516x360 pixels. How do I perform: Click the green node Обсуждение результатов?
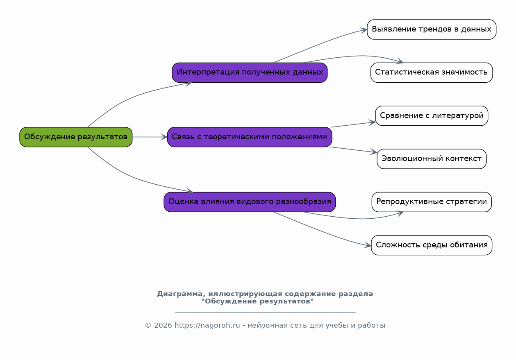[x=76, y=137]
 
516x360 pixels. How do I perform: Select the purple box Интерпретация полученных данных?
[x=250, y=72]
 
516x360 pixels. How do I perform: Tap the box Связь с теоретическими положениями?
[x=250, y=137]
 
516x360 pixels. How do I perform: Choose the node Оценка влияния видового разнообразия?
[x=250, y=202]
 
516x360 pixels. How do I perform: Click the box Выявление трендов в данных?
[x=432, y=29]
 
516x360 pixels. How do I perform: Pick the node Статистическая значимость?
[x=432, y=72]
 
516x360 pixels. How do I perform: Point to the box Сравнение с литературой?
[x=432, y=115]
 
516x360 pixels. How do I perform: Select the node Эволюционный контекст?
[x=432, y=159]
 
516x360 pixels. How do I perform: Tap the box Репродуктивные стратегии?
[x=432, y=202]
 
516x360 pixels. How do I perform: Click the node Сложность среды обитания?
[x=432, y=245]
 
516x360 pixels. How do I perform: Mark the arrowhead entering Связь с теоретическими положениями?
[x=164, y=137]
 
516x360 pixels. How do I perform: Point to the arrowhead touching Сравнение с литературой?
[x=373, y=122]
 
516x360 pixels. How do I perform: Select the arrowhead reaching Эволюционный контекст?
[x=374, y=152]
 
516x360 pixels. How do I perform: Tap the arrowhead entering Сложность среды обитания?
[x=368, y=245]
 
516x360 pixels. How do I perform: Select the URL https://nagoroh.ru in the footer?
[x=207, y=325]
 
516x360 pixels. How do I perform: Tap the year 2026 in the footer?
[x=163, y=325]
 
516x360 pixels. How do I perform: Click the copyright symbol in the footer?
[x=148, y=326]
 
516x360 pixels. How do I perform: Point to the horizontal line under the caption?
[x=265, y=312]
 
